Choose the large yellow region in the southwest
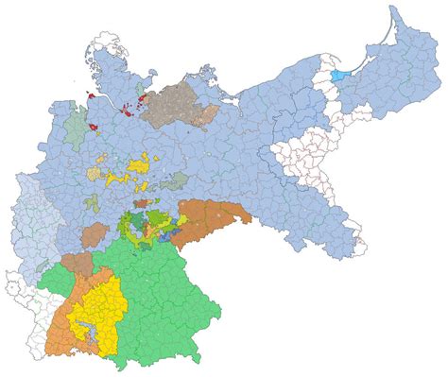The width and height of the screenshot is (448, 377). pyautogui.click(x=98, y=302)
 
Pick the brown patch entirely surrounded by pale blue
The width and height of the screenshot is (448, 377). pyautogui.click(x=95, y=233)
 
